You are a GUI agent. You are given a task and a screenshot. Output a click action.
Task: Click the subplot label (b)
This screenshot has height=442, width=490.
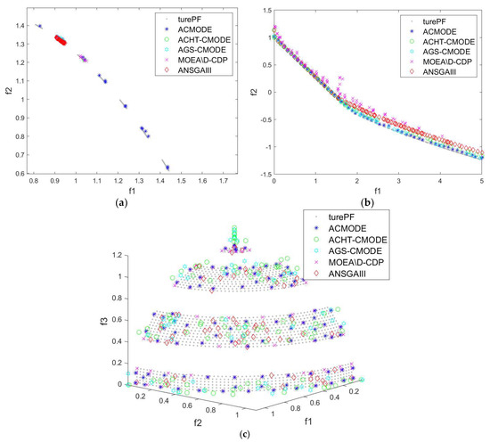[x=371, y=202]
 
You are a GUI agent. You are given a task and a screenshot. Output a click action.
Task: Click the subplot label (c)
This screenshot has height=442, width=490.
[x=243, y=434]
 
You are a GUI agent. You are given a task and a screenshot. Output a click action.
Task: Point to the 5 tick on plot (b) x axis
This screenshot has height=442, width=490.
[x=481, y=181]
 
